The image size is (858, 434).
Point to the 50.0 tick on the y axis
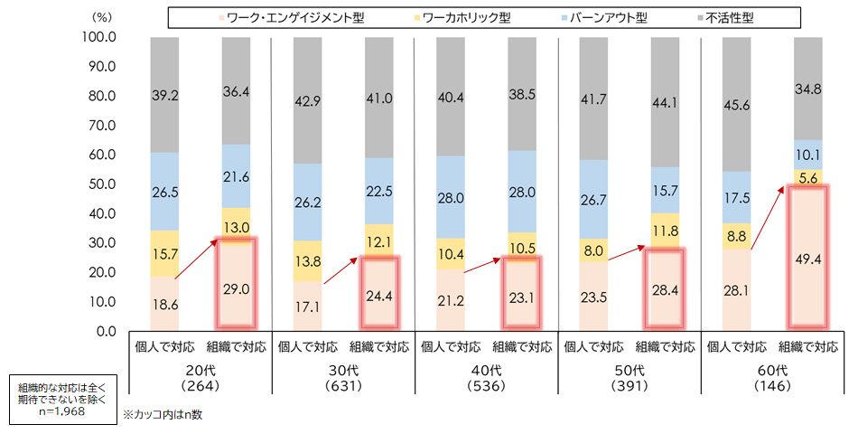tap(99, 184)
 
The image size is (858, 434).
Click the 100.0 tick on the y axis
tap(99, 37)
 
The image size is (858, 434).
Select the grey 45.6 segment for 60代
tap(740, 104)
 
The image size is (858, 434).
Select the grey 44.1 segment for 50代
tap(668, 102)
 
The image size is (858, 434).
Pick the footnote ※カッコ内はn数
tap(171, 414)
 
